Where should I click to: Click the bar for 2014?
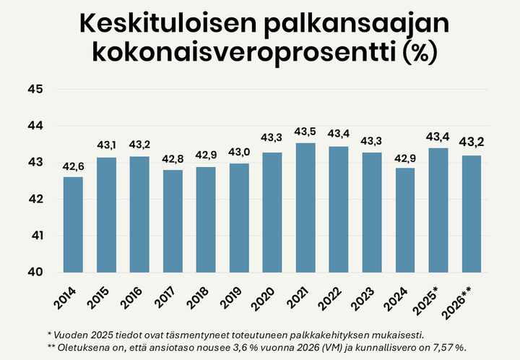coord(73,224)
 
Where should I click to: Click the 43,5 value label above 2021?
coord(305,132)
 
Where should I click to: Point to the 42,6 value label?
coord(73,166)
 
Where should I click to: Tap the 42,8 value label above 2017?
coord(173,159)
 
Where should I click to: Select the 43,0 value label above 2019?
coord(239,153)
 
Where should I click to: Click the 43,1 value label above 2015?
coord(106,147)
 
